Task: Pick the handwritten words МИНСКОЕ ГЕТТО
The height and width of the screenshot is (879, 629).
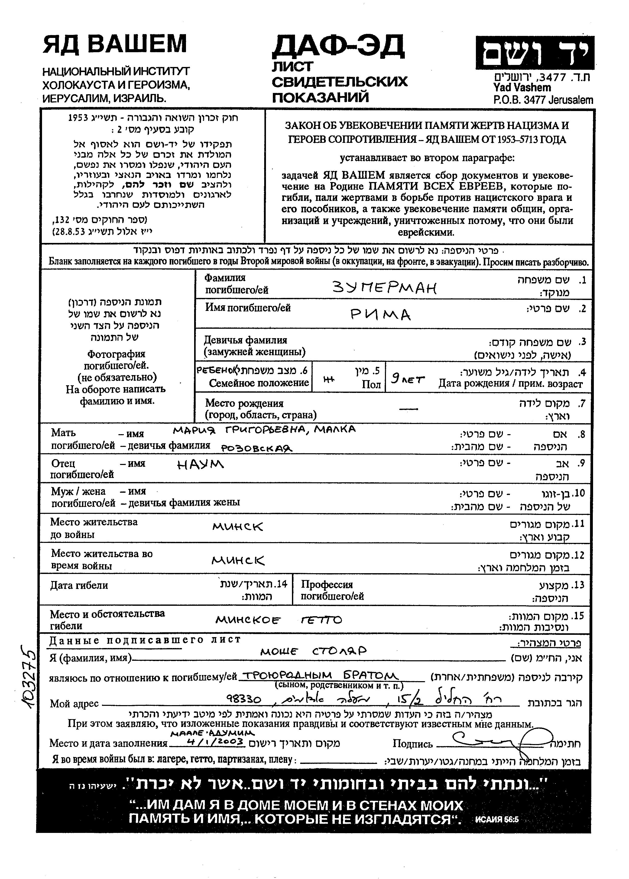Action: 278,620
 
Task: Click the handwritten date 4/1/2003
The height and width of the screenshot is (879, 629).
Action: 215,741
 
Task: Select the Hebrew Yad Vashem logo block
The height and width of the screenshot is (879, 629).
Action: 534,53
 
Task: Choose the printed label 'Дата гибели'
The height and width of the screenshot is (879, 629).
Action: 79,585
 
